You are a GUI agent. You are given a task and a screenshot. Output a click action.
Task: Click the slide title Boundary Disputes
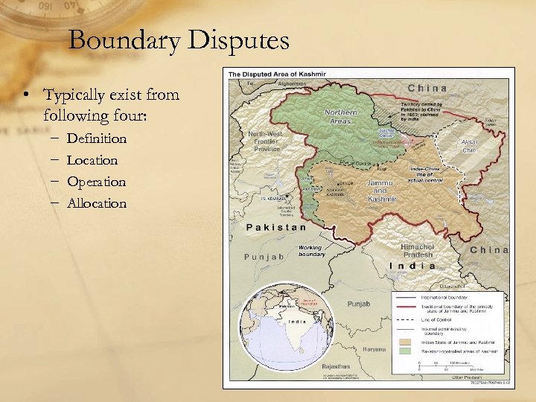point(178,40)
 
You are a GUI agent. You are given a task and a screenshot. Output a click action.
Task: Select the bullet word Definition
point(97,138)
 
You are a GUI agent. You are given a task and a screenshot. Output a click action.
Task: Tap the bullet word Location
point(92,160)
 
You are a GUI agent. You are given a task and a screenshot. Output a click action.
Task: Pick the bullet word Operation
point(96,182)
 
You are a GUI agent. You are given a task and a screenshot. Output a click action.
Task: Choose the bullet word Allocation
point(97,203)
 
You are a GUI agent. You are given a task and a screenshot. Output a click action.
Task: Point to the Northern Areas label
point(341,115)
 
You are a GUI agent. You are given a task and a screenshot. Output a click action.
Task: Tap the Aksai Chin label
point(470,147)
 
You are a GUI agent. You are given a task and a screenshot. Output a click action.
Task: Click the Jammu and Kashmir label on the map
point(383,191)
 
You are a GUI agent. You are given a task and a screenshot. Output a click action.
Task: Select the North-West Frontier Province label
point(266,141)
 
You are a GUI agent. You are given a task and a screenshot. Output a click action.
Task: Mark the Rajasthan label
point(335,367)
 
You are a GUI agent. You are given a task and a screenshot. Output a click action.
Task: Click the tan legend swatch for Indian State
point(406,342)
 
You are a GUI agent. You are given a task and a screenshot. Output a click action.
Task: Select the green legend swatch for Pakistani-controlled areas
point(406,350)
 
